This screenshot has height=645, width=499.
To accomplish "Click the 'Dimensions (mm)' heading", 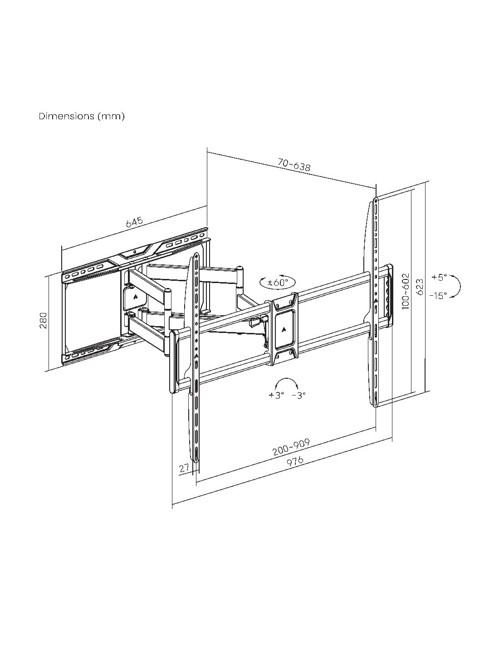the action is click(x=82, y=117).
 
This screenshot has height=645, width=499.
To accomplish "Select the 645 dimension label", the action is click(x=134, y=222).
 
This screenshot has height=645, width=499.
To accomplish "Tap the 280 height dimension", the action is click(x=44, y=320).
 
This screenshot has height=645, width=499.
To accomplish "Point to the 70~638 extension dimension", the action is click(x=294, y=165).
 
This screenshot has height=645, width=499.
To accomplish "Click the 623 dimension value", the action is click(x=420, y=287).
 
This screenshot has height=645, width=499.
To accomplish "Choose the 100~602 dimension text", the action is click(x=406, y=292).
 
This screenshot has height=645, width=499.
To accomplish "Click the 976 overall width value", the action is click(x=295, y=461).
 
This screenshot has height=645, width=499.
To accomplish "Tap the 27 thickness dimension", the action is click(x=184, y=468).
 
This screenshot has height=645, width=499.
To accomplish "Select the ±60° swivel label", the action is click(x=278, y=282).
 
